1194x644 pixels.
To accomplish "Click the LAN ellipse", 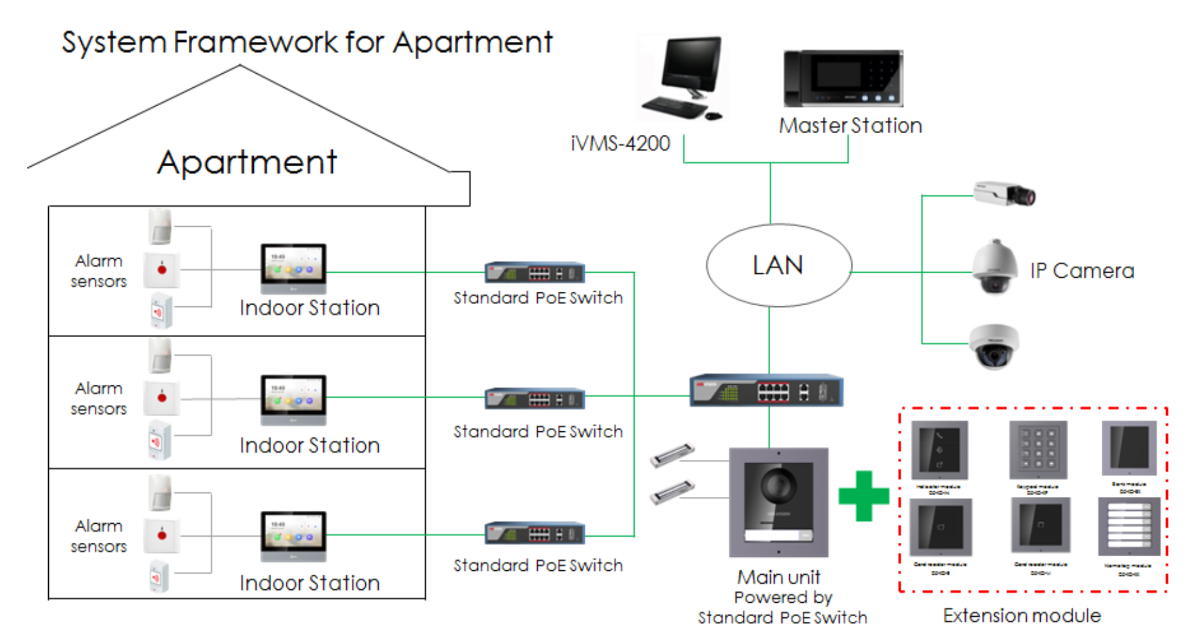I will [x=779, y=266].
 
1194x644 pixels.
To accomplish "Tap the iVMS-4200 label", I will [x=620, y=144].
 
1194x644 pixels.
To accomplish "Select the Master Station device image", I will [x=843, y=78].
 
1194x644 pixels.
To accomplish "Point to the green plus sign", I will [x=864, y=496].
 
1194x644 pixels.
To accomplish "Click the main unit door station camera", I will [x=779, y=503].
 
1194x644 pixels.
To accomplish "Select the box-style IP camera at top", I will [x=1004, y=194].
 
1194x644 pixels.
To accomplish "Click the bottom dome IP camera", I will [x=994, y=346].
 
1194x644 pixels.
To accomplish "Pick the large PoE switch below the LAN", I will [x=767, y=391].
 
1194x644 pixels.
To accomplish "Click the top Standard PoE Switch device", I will [x=535, y=273].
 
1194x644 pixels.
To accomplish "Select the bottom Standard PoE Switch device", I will [x=535, y=534].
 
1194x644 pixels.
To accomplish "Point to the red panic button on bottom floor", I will [x=162, y=535].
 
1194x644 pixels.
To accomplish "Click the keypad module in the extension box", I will [x=1038, y=449].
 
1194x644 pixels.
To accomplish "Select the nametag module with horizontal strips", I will [x=1128, y=527].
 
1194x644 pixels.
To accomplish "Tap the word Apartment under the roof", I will [x=247, y=162].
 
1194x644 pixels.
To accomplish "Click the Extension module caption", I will [x=1022, y=616].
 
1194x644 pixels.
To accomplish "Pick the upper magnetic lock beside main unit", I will [x=672, y=455].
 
